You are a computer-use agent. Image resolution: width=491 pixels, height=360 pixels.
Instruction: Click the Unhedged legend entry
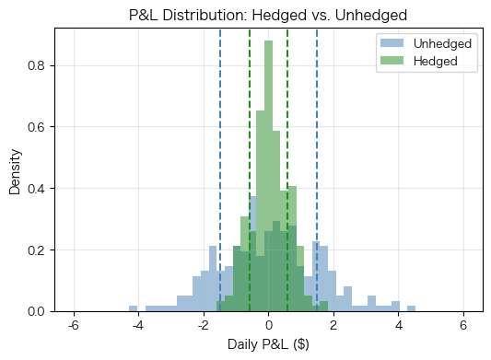pyautogui.click(x=443, y=44)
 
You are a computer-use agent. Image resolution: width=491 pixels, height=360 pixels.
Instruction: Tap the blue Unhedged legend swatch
pyautogui.click(x=393, y=44)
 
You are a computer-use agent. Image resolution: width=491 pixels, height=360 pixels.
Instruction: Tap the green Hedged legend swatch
pyautogui.click(x=393, y=62)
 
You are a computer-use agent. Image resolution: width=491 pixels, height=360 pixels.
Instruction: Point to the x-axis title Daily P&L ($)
pyautogui.click(x=267, y=346)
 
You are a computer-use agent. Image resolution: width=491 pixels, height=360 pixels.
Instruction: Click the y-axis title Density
pyautogui.click(x=15, y=169)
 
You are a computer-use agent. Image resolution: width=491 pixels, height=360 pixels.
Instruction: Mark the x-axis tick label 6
pyautogui.click(x=464, y=326)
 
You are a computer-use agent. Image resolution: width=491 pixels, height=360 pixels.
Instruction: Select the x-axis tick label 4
pyautogui.click(x=399, y=326)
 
